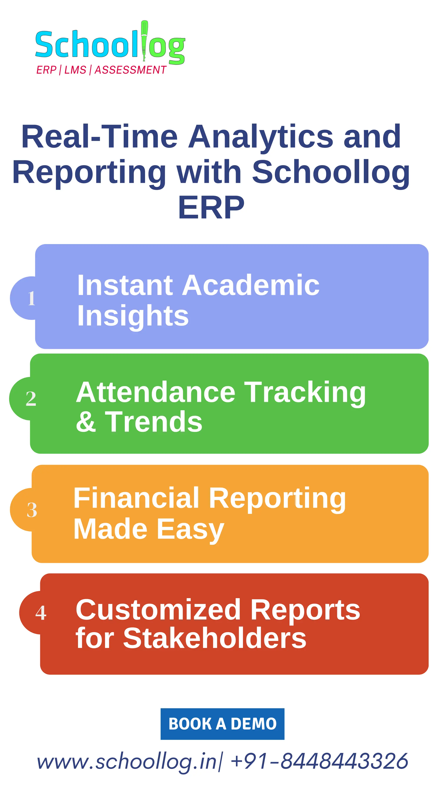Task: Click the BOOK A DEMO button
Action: pos(222,724)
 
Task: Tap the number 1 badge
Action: pos(31,298)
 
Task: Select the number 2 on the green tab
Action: pos(31,399)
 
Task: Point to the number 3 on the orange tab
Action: pos(32,510)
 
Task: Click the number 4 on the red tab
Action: pos(41,613)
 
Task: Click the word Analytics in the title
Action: pos(261,137)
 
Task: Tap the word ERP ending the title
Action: pos(211,208)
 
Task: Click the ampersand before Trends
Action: pos(86,422)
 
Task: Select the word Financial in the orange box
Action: pos(136,498)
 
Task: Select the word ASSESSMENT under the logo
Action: pos(130,70)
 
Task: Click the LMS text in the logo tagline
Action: pos(75,70)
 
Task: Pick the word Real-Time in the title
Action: pos(100,137)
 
